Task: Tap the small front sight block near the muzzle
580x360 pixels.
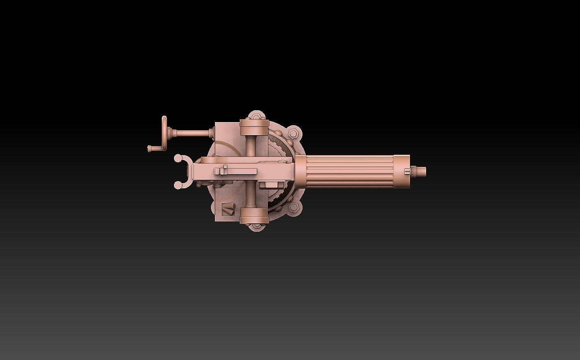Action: point(407,171)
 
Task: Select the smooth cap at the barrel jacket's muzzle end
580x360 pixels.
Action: point(401,171)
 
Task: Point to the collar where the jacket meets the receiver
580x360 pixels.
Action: point(300,171)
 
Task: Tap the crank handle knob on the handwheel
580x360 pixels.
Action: point(150,148)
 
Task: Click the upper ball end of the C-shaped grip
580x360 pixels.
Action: point(178,158)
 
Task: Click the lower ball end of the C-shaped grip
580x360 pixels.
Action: point(178,184)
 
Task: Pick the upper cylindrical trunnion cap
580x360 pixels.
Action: point(253,128)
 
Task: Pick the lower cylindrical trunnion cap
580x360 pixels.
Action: point(253,215)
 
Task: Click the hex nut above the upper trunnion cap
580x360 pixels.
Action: point(254,116)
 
